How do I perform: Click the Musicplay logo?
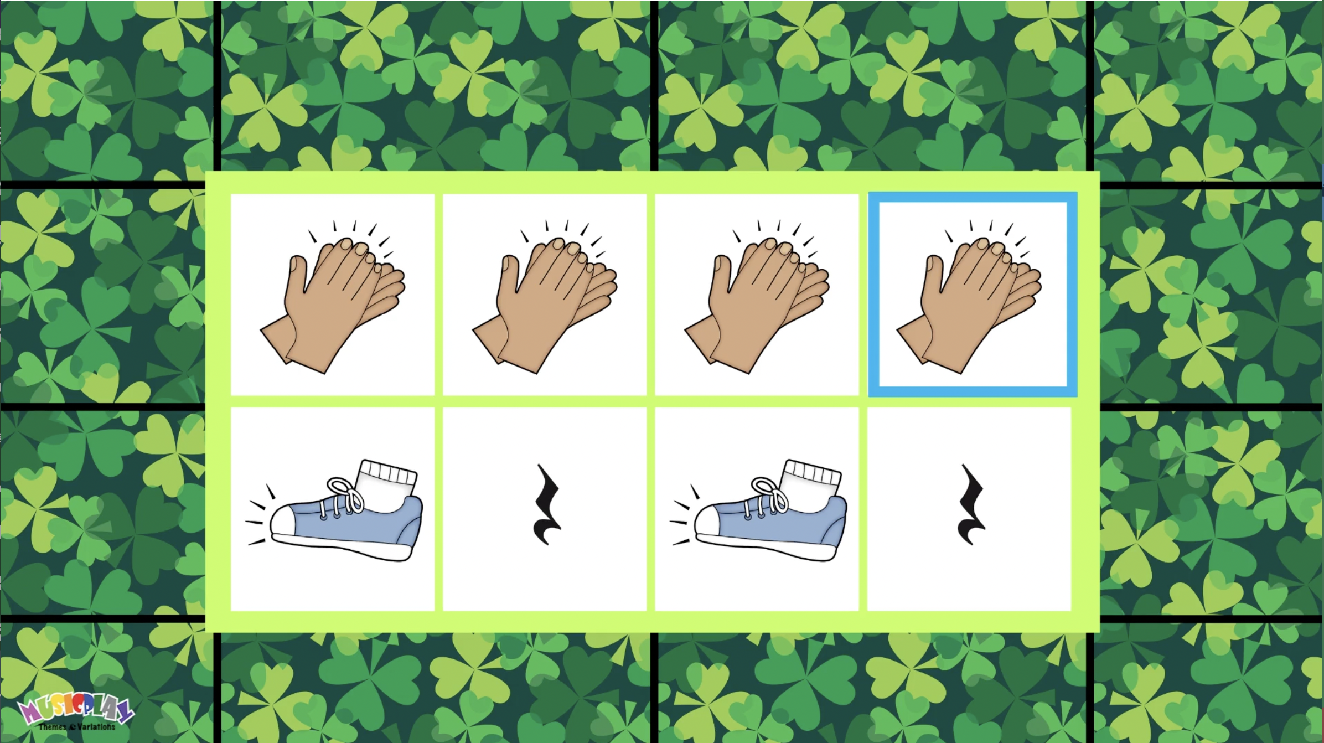coord(76,712)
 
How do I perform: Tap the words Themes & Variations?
coord(77,727)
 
